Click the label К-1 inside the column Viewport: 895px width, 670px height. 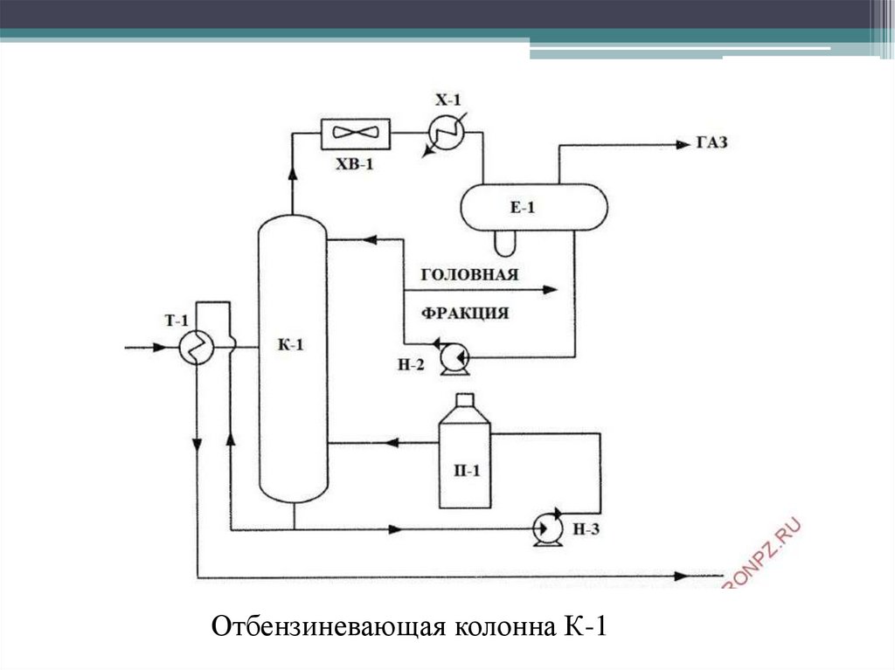tap(291, 346)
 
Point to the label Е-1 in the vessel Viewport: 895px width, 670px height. tap(523, 207)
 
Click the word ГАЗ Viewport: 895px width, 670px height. tap(712, 143)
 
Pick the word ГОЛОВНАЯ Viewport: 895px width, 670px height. tap(469, 274)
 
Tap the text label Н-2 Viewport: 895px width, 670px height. tap(411, 366)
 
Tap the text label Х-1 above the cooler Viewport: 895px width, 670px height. tap(447, 100)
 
